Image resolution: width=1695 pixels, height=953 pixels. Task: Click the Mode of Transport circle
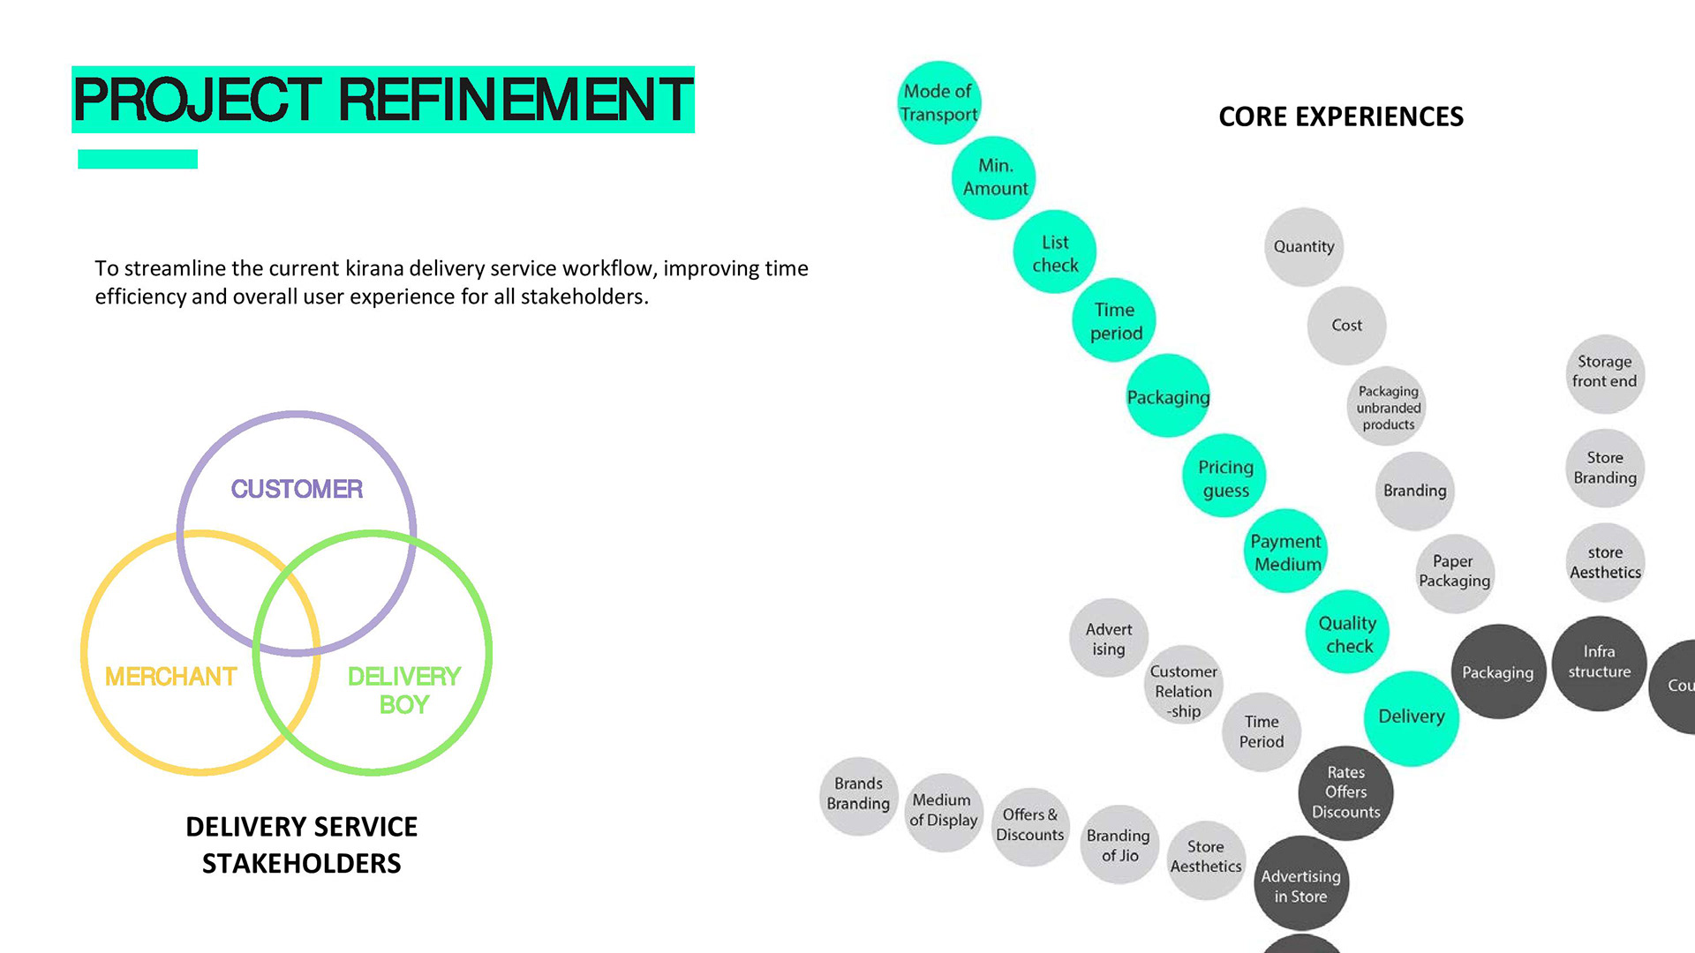point(938,102)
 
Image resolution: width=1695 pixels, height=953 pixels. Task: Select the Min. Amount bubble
point(994,177)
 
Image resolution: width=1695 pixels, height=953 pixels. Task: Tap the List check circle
point(1055,252)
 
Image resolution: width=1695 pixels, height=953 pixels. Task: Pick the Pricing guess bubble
point(1224,477)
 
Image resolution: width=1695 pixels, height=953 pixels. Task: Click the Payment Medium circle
point(1286,552)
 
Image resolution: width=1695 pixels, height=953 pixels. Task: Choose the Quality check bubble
point(1347,633)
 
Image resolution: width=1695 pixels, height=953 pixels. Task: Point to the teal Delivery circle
point(1411,717)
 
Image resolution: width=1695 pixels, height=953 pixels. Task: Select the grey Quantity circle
point(1303,246)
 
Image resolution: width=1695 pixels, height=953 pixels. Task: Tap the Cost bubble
point(1346,325)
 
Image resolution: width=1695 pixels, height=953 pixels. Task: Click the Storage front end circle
point(1604,372)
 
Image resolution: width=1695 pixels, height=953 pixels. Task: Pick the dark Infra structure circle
point(1599,662)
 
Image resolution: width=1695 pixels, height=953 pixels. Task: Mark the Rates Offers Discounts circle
point(1345,792)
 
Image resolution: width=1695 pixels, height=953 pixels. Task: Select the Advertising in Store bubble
point(1300,885)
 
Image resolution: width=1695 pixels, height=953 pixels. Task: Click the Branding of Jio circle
point(1119,844)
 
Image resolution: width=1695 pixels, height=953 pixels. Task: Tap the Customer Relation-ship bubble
point(1183,691)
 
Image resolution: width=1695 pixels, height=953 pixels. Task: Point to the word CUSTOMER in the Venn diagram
point(297,489)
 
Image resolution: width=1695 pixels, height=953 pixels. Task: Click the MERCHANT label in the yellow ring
point(170,677)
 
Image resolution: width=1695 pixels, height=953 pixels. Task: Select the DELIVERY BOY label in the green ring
point(403,690)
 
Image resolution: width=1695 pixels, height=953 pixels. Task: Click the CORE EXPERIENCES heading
point(1340,116)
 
